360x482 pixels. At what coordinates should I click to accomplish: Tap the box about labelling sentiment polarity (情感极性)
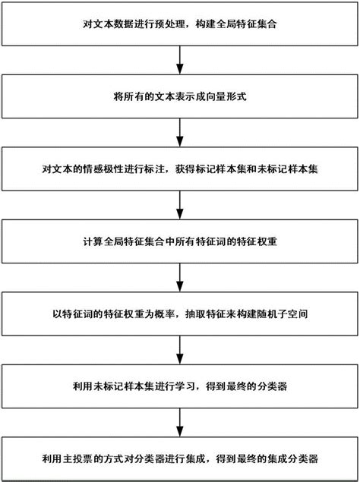pyautogui.click(x=180, y=171)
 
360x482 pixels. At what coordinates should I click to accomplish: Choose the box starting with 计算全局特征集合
pyautogui.click(x=180, y=242)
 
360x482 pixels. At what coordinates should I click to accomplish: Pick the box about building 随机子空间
pyautogui.click(x=180, y=313)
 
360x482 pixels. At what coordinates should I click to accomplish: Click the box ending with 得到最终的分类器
pyautogui.click(x=180, y=386)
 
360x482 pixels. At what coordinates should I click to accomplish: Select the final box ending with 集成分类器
pyautogui.click(x=180, y=458)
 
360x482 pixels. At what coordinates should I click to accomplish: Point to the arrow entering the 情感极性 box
pyautogui.click(x=180, y=134)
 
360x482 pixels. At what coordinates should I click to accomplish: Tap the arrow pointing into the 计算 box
pyautogui.click(x=180, y=206)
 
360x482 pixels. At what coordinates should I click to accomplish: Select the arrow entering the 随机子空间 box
pyautogui.click(x=180, y=278)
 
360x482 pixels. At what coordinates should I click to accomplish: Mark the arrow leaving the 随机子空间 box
pyautogui.click(x=180, y=350)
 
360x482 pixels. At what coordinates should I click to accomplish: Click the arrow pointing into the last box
pyautogui.click(x=180, y=422)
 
